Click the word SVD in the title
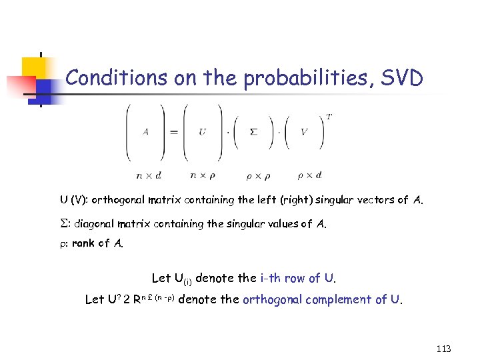tap(401, 79)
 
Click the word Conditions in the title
tap(107, 79)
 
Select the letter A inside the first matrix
tap(146, 131)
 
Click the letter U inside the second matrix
tap(202, 131)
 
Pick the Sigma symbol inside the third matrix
tap(253, 131)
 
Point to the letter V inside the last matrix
tap(304, 131)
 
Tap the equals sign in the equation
tap(174, 131)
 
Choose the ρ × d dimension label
tap(309, 175)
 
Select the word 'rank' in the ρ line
tap(83, 243)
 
